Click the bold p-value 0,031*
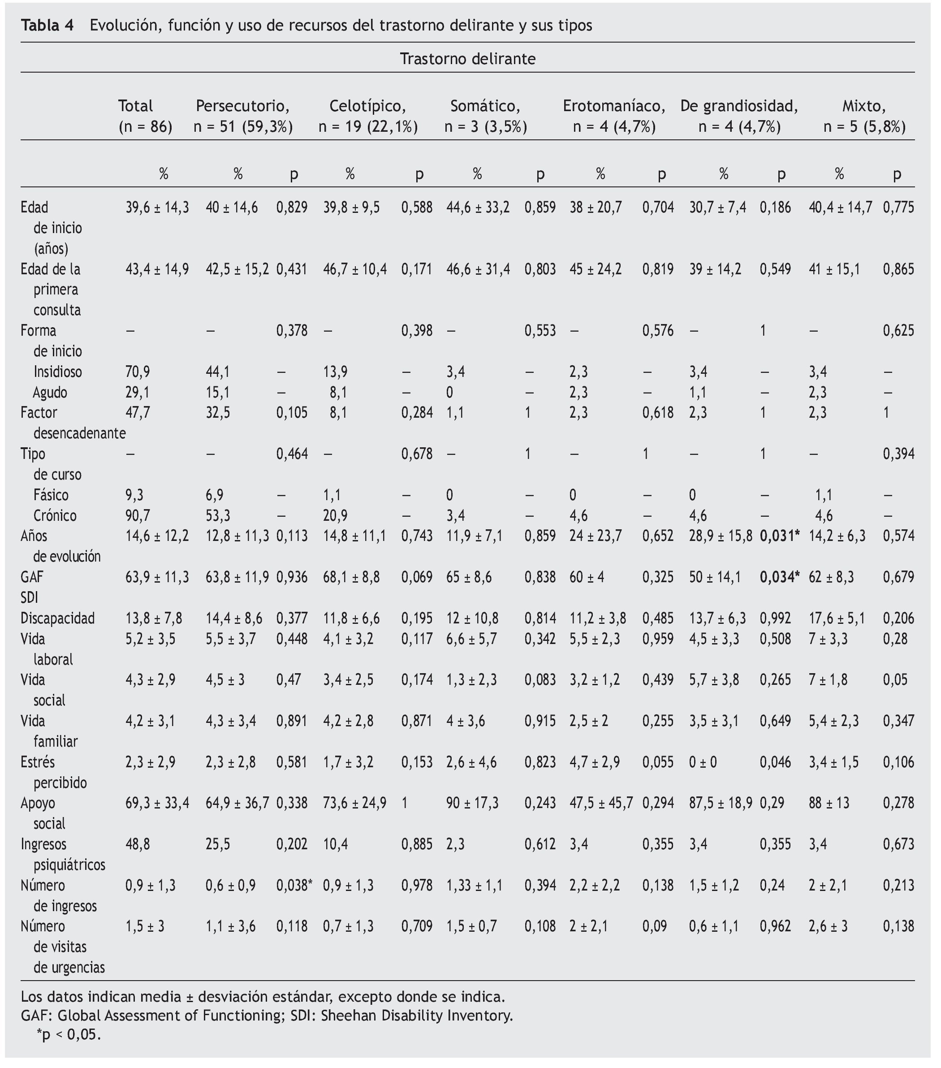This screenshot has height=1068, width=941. [x=779, y=536]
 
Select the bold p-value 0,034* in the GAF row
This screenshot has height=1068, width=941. [x=779, y=577]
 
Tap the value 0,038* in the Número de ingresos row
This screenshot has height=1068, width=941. [x=294, y=886]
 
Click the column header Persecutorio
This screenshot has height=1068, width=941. [x=242, y=106]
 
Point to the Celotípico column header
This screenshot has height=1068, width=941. [x=367, y=106]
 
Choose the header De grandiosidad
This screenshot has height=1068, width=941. [x=739, y=106]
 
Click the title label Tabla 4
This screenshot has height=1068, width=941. [x=47, y=25]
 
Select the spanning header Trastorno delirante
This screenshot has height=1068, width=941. [x=468, y=59]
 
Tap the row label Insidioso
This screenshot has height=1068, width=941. [x=57, y=372]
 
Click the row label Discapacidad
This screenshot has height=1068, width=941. [x=57, y=618]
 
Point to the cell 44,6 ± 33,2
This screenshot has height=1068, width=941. [x=478, y=208]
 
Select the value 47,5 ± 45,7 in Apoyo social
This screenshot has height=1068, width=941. [x=601, y=803]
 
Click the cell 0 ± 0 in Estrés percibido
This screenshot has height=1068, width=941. [x=703, y=762]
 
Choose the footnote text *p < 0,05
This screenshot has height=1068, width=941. [x=69, y=1034]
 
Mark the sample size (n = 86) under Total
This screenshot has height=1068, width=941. [x=145, y=127]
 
